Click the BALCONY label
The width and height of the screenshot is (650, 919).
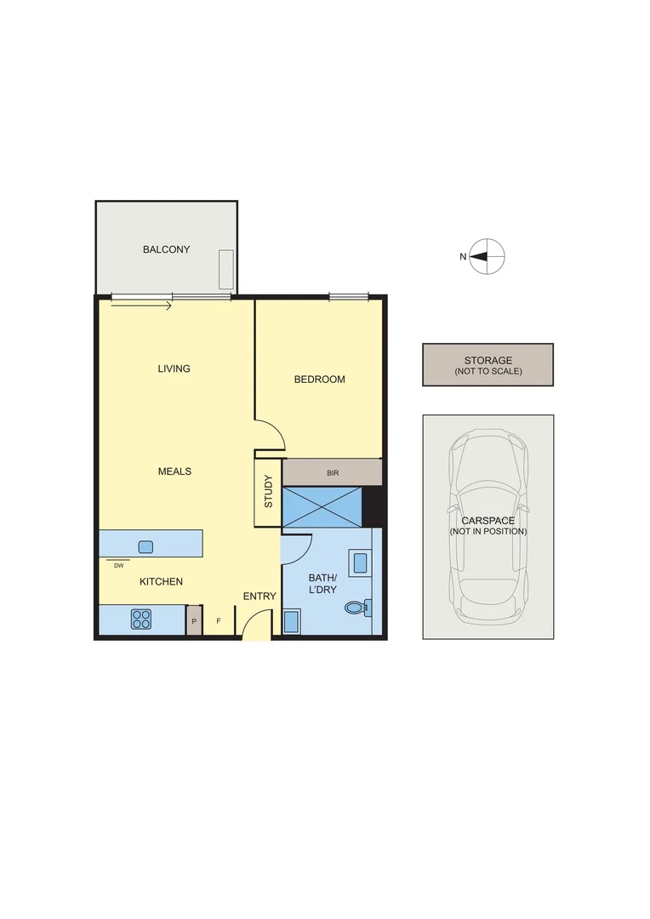(x=166, y=249)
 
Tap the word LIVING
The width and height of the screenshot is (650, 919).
(x=174, y=368)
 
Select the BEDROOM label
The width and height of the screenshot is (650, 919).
(x=319, y=380)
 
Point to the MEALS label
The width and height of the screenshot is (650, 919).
(x=174, y=471)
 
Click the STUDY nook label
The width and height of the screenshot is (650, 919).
(x=268, y=492)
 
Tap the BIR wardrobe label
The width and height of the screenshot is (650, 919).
(x=332, y=471)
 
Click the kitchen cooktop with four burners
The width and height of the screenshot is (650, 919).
(x=141, y=620)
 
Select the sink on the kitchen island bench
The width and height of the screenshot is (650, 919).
(x=145, y=547)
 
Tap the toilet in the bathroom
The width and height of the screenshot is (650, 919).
(x=356, y=608)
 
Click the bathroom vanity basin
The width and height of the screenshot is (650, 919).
(x=359, y=562)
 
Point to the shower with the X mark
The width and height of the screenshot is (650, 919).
(x=322, y=507)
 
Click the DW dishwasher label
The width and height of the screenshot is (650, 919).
(x=118, y=566)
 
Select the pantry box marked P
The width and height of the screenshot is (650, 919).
(x=194, y=621)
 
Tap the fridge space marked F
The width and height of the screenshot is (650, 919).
(x=219, y=621)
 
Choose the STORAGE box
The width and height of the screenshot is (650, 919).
(x=487, y=364)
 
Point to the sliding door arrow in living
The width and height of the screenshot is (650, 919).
(x=141, y=305)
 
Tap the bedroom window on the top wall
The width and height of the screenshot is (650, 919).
(x=349, y=297)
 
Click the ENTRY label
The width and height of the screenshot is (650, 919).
(x=259, y=596)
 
